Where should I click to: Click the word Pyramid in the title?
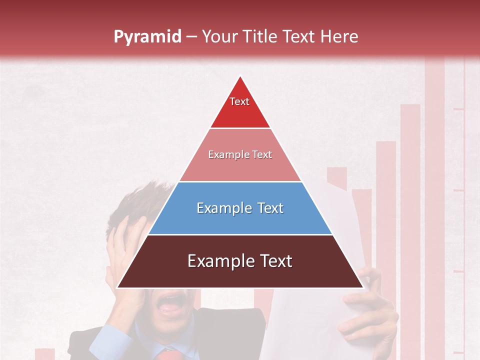tap(147, 37)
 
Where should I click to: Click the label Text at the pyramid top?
tap(239, 101)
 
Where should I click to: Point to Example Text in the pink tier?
tap(240, 154)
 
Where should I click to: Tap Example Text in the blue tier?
tap(240, 208)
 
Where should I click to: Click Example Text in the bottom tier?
tap(240, 261)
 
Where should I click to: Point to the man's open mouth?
tap(170, 302)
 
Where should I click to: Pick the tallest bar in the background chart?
tap(434, 200)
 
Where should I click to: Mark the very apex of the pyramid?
tap(240, 76)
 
